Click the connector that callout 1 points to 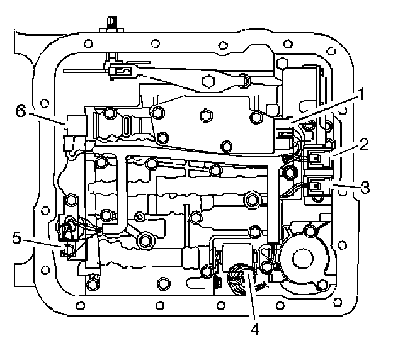(x=284, y=133)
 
